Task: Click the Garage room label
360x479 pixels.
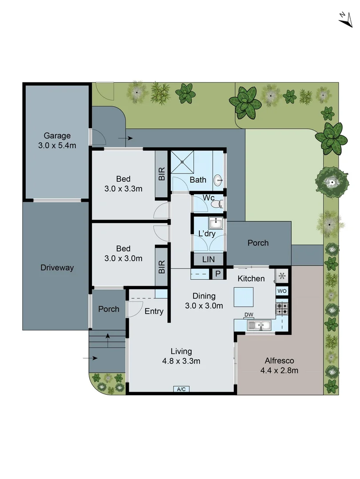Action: (x=57, y=136)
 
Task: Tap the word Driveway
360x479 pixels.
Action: (x=57, y=267)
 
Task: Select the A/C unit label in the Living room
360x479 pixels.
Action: (x=181, y=389)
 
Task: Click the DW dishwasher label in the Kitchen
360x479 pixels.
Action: (x=249, y=315)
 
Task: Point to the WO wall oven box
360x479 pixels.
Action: (x=282, y=291)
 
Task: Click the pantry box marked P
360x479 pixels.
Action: (x=218, y=274)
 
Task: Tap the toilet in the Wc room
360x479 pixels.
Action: (x=216, y=204)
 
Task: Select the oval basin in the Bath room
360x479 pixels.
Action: (x=218, y=180)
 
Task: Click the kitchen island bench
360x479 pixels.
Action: (x=244, y=297)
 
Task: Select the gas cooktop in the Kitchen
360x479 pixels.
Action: (x=282, y=308)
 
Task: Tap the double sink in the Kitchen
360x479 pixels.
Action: (x=259, y=326)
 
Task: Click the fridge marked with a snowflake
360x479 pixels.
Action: (x=281, y=276)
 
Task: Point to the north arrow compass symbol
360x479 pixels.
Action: (x=345, y=19)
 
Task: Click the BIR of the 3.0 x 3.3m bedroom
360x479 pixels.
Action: (x=162, y=174)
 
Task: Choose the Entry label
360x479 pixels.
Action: (x=154, y=311)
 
